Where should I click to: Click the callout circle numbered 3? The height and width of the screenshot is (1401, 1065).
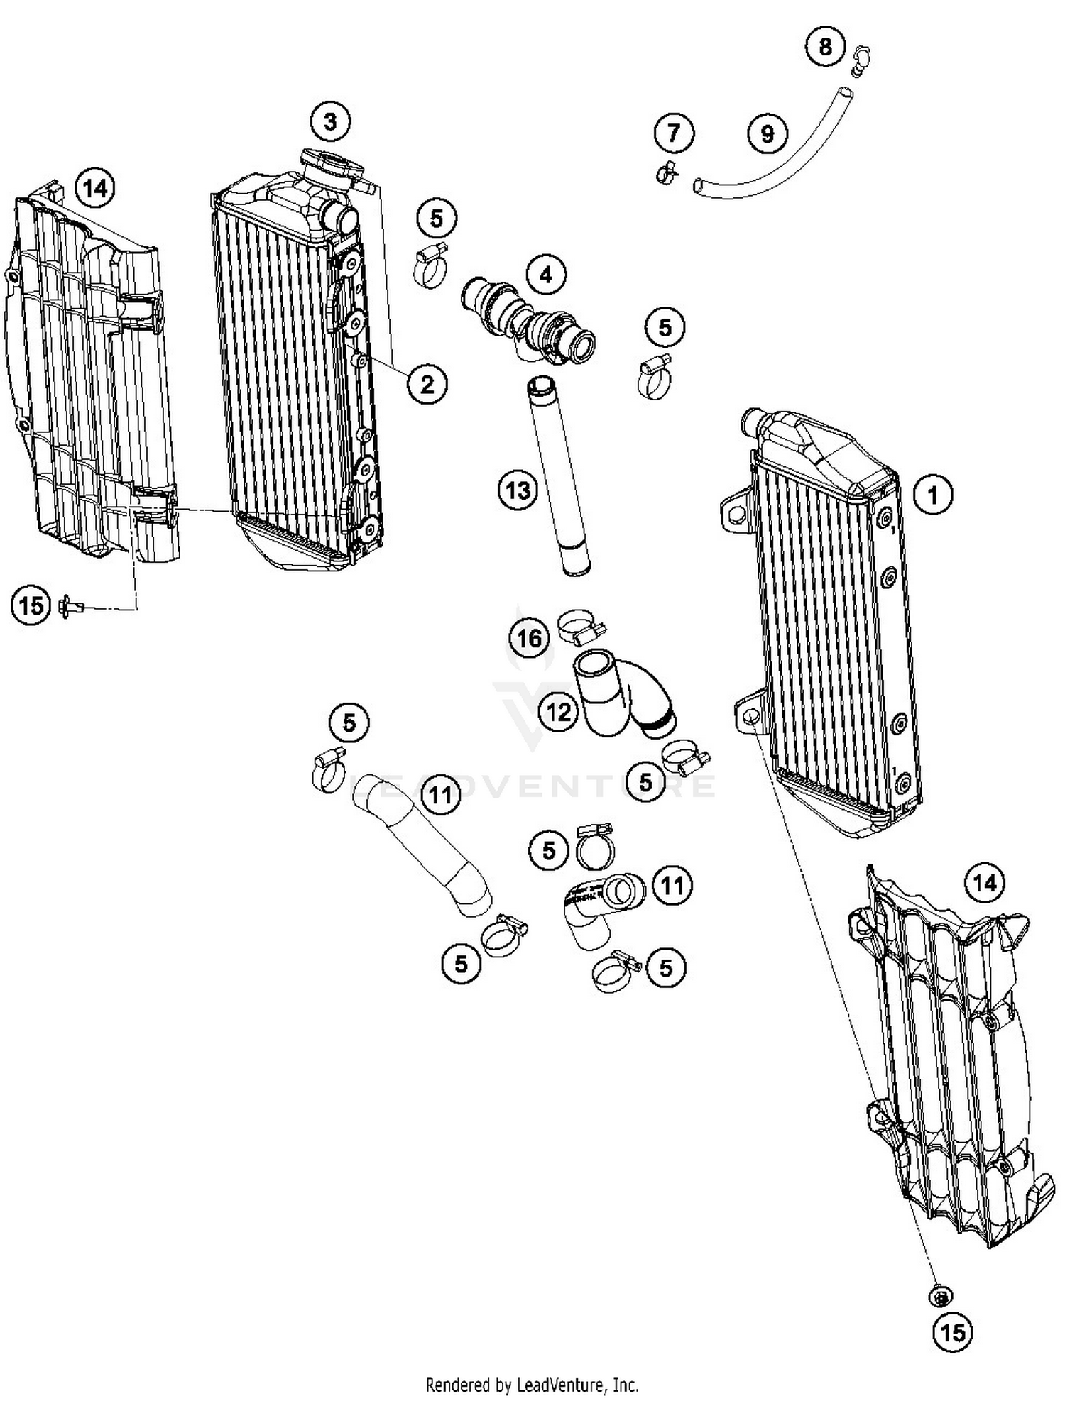click(x=330, y=121)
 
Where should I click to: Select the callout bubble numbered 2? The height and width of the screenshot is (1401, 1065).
click(x=427, y=384)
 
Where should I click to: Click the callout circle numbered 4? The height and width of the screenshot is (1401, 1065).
click(x=545, y=275)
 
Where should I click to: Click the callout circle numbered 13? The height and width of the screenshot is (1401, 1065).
click(x=518, y=490)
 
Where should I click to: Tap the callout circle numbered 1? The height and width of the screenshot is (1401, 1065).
click(x=932, y=495)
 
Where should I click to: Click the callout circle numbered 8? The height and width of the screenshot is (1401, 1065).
click(x=824, y=47)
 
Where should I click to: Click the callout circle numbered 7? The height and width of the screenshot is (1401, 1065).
click(x=673, y=132)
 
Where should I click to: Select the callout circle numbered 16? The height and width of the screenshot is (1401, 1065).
click(x=529, y=639)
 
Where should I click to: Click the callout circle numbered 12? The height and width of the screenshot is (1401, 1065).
click(x=558, y=710)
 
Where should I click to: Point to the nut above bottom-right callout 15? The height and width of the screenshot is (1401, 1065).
click(x=941, y=1297)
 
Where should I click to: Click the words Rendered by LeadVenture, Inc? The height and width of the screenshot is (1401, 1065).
click(x=532, y=1384)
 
